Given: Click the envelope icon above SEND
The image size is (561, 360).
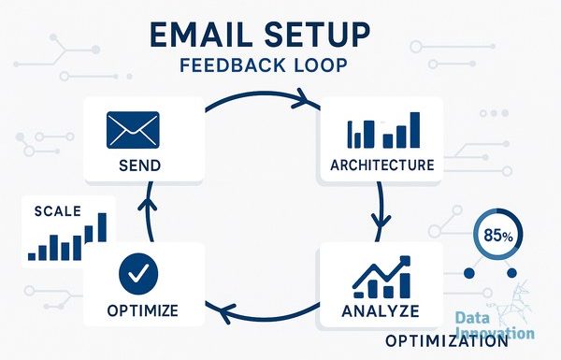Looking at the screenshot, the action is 133,130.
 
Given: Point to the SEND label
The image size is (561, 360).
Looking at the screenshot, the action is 139,166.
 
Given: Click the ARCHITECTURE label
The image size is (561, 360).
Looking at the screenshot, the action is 381,166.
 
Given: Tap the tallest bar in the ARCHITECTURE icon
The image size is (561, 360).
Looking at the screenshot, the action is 414,130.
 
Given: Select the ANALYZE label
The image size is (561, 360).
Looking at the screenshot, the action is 381,311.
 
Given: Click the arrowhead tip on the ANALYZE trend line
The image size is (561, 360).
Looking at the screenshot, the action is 409,258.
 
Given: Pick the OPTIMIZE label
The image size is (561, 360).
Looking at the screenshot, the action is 142,310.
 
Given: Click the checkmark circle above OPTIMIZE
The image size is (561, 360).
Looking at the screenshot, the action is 138,274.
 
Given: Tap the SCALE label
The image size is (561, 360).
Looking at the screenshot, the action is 58,211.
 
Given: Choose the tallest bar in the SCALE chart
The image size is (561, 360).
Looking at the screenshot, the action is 102,227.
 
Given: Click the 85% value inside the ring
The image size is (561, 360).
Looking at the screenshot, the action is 498,237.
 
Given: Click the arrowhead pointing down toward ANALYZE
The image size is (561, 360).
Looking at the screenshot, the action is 381,222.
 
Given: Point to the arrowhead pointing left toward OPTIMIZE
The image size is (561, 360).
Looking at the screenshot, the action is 223,313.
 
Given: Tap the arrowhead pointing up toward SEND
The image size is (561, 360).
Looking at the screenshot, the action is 148,204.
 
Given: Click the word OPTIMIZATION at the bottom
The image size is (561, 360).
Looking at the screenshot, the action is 446,341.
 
